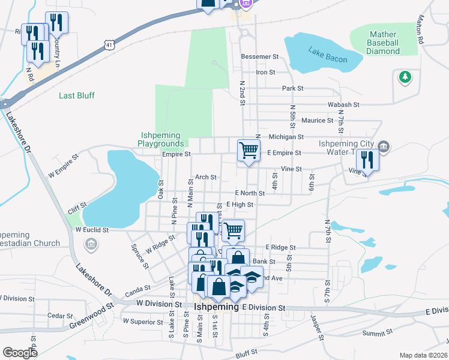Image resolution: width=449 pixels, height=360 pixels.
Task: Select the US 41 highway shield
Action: [107, 45]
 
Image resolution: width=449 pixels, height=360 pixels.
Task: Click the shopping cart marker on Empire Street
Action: [249, 151]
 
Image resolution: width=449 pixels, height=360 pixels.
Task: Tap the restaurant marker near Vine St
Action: [366, 160]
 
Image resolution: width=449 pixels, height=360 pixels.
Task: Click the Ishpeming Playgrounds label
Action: [161, 139]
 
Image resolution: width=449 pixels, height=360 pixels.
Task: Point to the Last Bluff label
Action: [76, 95]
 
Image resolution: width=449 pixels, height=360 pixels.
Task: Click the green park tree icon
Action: [405, 76]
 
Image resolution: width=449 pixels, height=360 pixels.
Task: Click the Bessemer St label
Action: [260, 57]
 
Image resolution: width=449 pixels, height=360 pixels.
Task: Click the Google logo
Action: [20, 352]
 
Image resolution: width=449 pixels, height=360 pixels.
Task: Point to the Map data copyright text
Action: [424, 355]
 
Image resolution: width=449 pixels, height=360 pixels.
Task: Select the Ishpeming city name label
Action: [217, 307]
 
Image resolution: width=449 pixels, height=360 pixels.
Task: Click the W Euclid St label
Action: [92, 230]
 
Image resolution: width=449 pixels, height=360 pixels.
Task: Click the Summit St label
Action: [376, 331]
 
